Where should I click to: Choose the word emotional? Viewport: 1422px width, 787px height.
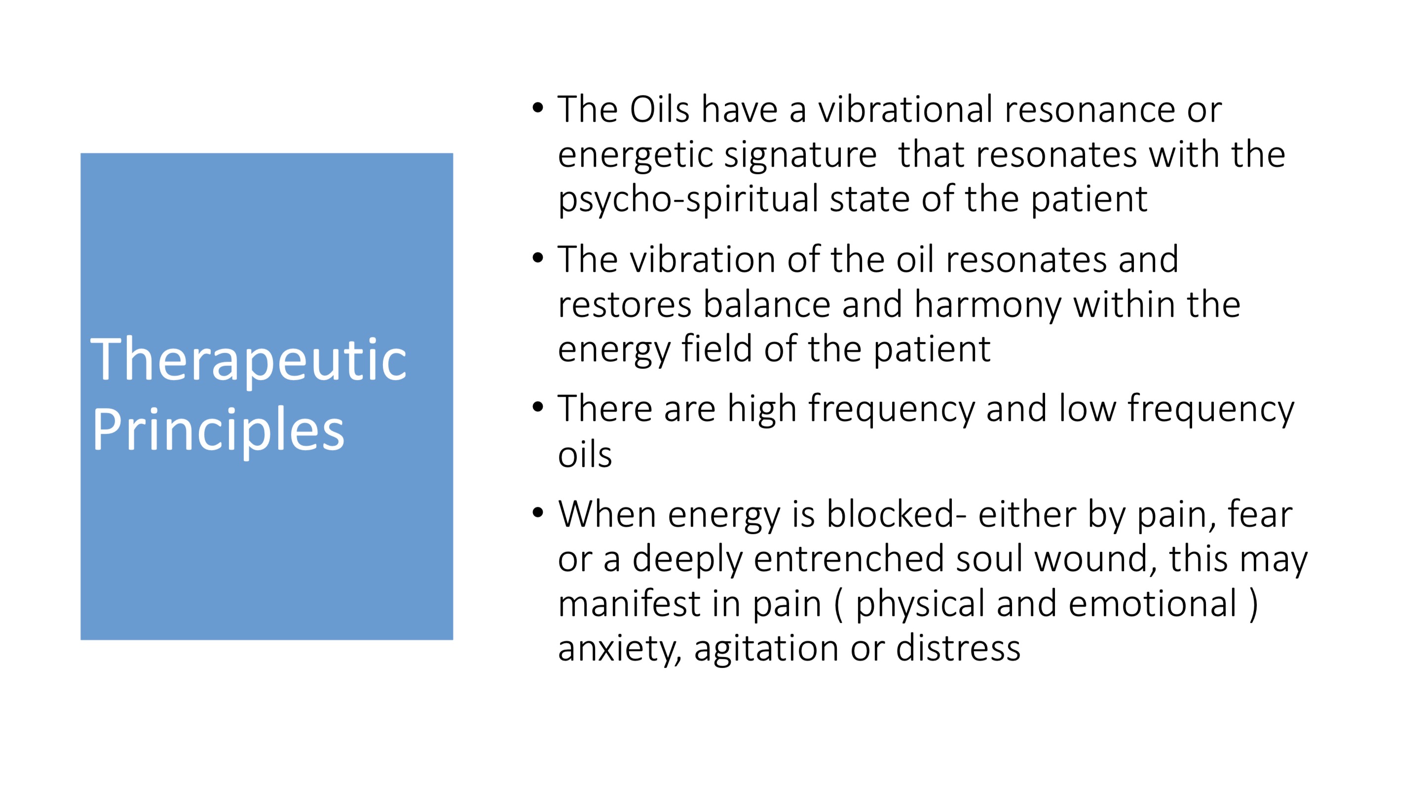coord(1153,604)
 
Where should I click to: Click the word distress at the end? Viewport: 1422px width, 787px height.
coord(958,648)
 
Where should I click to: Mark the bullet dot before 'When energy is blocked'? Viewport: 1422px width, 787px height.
coord(538,513)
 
